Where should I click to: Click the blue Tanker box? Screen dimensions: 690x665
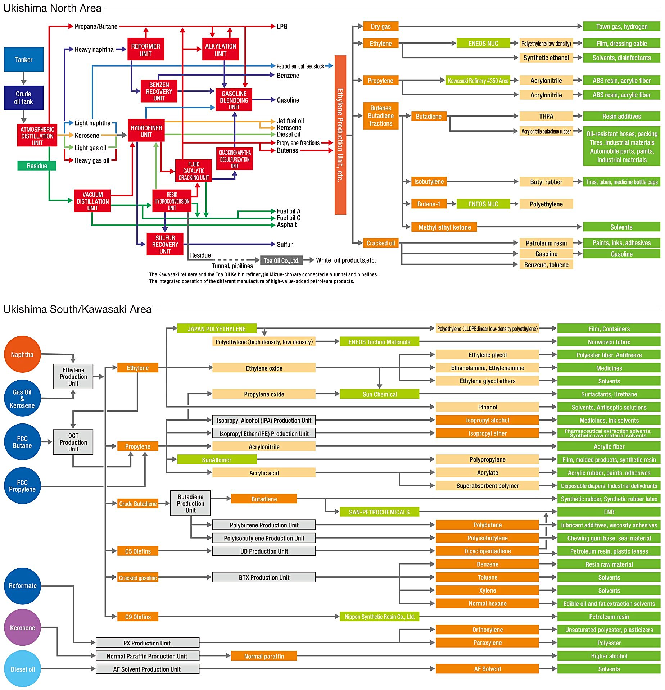(x=24, y=59)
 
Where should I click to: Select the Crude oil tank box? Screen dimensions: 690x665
(x=24, y=97)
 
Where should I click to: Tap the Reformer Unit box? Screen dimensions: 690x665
(x=145, y=50)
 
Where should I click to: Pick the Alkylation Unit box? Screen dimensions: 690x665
(x=220, y=50)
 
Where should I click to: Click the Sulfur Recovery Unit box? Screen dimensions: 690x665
(x=165, y=244)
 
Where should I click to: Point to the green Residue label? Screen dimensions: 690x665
(x=37, y=166)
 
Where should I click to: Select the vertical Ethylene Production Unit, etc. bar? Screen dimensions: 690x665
(x=340, y=135)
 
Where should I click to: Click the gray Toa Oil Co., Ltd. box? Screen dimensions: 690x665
(x=281, y=260)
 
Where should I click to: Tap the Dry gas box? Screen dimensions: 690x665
(x=380, y=26)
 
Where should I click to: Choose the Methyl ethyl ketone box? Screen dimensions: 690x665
(x=444, y=227)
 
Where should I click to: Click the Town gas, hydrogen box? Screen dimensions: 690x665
(x=621, y=26)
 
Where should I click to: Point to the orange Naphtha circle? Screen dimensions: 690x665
(x=22, y=354)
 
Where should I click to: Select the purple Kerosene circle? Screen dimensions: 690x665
(x=22, y=628)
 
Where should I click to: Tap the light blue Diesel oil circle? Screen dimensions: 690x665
(x=22, y=669)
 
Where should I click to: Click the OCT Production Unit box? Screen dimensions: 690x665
(x=73, y=442)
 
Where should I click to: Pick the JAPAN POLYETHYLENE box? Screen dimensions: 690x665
(x=217, y=329)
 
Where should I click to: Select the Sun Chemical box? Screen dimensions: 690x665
(x=379, y=394)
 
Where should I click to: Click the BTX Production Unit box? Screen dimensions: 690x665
(x=264, y=577)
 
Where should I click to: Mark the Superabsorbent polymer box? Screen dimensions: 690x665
(x=487, y=486)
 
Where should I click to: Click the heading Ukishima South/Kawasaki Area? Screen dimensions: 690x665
(x=77, y=309)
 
